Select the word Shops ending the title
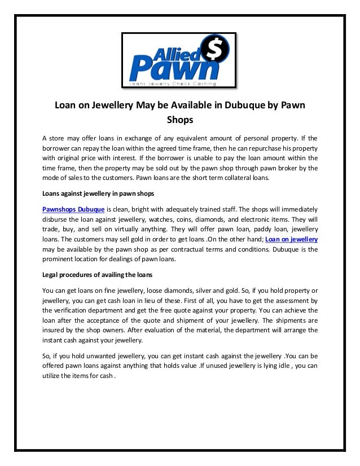[180, 120]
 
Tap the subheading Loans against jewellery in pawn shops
[98, 194]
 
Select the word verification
[75, 310]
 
